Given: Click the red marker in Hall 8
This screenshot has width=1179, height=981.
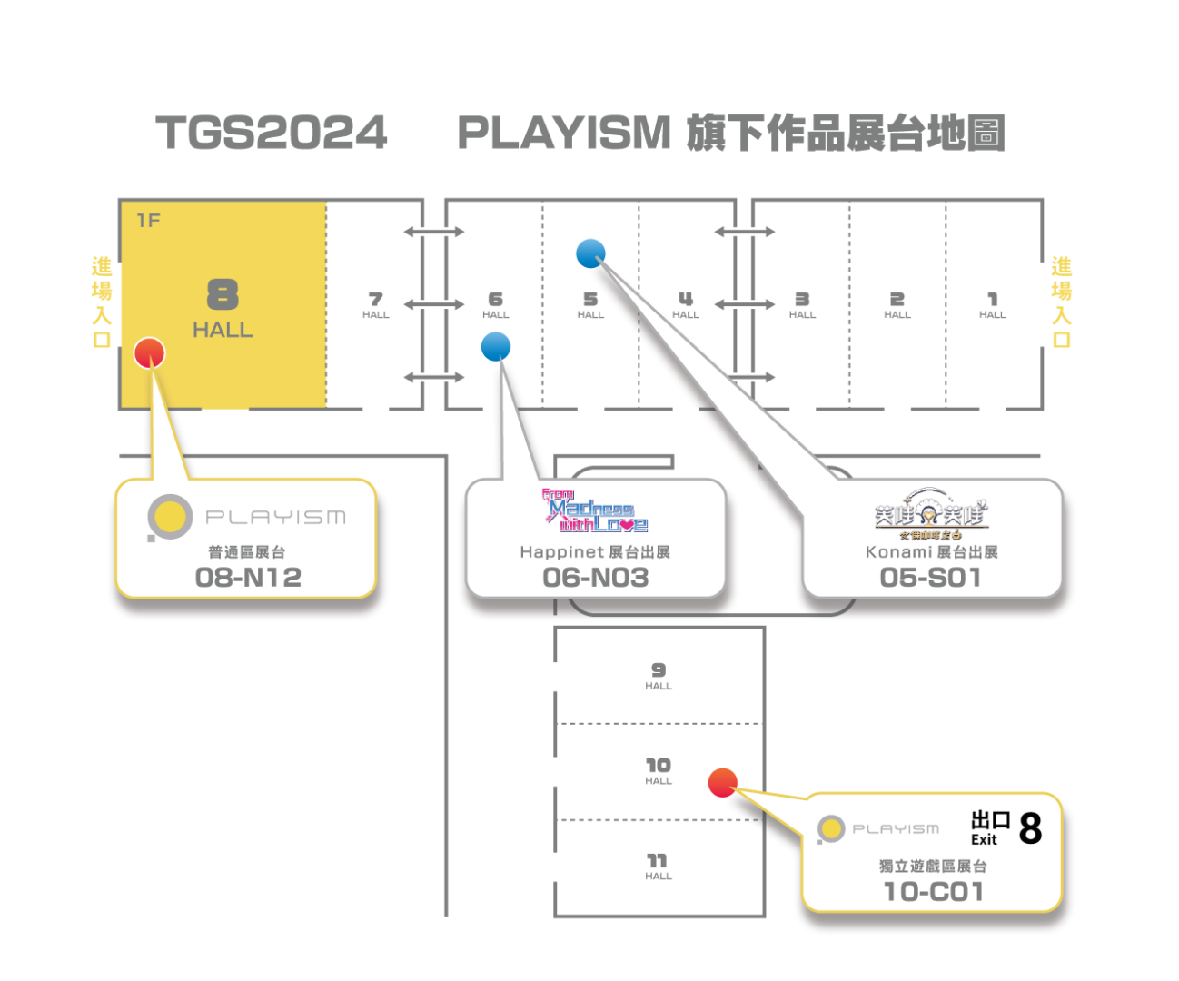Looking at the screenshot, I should [149, 352].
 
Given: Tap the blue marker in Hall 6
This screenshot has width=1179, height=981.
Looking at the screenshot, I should [496, 346].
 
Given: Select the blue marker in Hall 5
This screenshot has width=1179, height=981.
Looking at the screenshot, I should [590, 253].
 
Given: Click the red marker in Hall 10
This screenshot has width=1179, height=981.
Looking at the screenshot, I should [722, 782].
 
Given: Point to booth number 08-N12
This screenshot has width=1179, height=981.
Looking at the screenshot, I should [248, 578].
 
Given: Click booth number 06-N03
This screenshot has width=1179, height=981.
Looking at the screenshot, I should [596, 578].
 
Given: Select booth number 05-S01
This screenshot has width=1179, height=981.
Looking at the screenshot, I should [931, 578].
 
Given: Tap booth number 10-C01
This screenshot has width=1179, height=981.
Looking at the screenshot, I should [934, 892].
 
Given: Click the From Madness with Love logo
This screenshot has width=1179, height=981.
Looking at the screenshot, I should [595, 512].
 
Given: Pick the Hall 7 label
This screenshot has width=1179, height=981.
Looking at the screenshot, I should [375, 304].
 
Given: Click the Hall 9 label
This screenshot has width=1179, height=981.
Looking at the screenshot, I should [659, 676].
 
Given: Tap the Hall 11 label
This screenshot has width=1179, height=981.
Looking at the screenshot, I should [659, 866].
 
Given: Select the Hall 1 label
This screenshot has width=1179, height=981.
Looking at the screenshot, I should [992, 304].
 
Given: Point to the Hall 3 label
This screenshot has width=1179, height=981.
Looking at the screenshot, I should [802, 304].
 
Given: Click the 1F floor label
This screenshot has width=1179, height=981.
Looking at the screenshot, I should [148, 221].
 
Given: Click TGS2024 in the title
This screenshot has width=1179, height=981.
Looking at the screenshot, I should [272, 133].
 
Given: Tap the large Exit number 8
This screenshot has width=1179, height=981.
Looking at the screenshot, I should [1030, 828].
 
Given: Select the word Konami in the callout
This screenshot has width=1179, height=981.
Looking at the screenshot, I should [898, 552].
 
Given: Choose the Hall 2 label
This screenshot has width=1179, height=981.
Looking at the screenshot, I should [897, 304].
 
